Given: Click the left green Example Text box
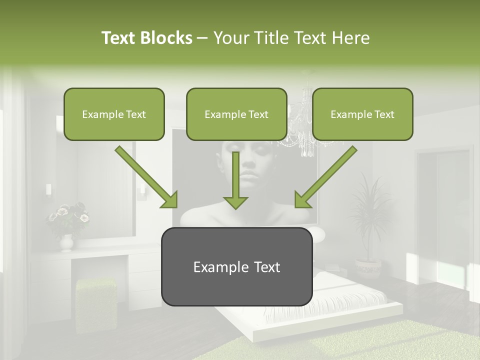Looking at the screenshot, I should click(x=114, y=114).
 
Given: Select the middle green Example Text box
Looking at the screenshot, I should click(x=236, y=114).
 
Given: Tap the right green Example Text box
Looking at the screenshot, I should click(x=362, y=114).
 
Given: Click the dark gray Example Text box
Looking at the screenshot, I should click(x=236, y=266).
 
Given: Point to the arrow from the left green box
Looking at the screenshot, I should click(x=146, y=177).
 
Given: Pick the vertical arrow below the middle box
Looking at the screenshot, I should click(x=235, y=180).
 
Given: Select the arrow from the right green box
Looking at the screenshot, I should click(x=325, y=177).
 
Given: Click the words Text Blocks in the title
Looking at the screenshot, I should click(x=146, y=38).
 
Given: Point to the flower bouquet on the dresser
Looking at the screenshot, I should click(x=67, y=217).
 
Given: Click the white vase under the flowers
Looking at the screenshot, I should click(x=66, y=243).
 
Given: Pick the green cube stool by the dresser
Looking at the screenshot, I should click(x=95, y=300).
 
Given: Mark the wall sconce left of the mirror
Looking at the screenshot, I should click(x=48, y=189).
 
